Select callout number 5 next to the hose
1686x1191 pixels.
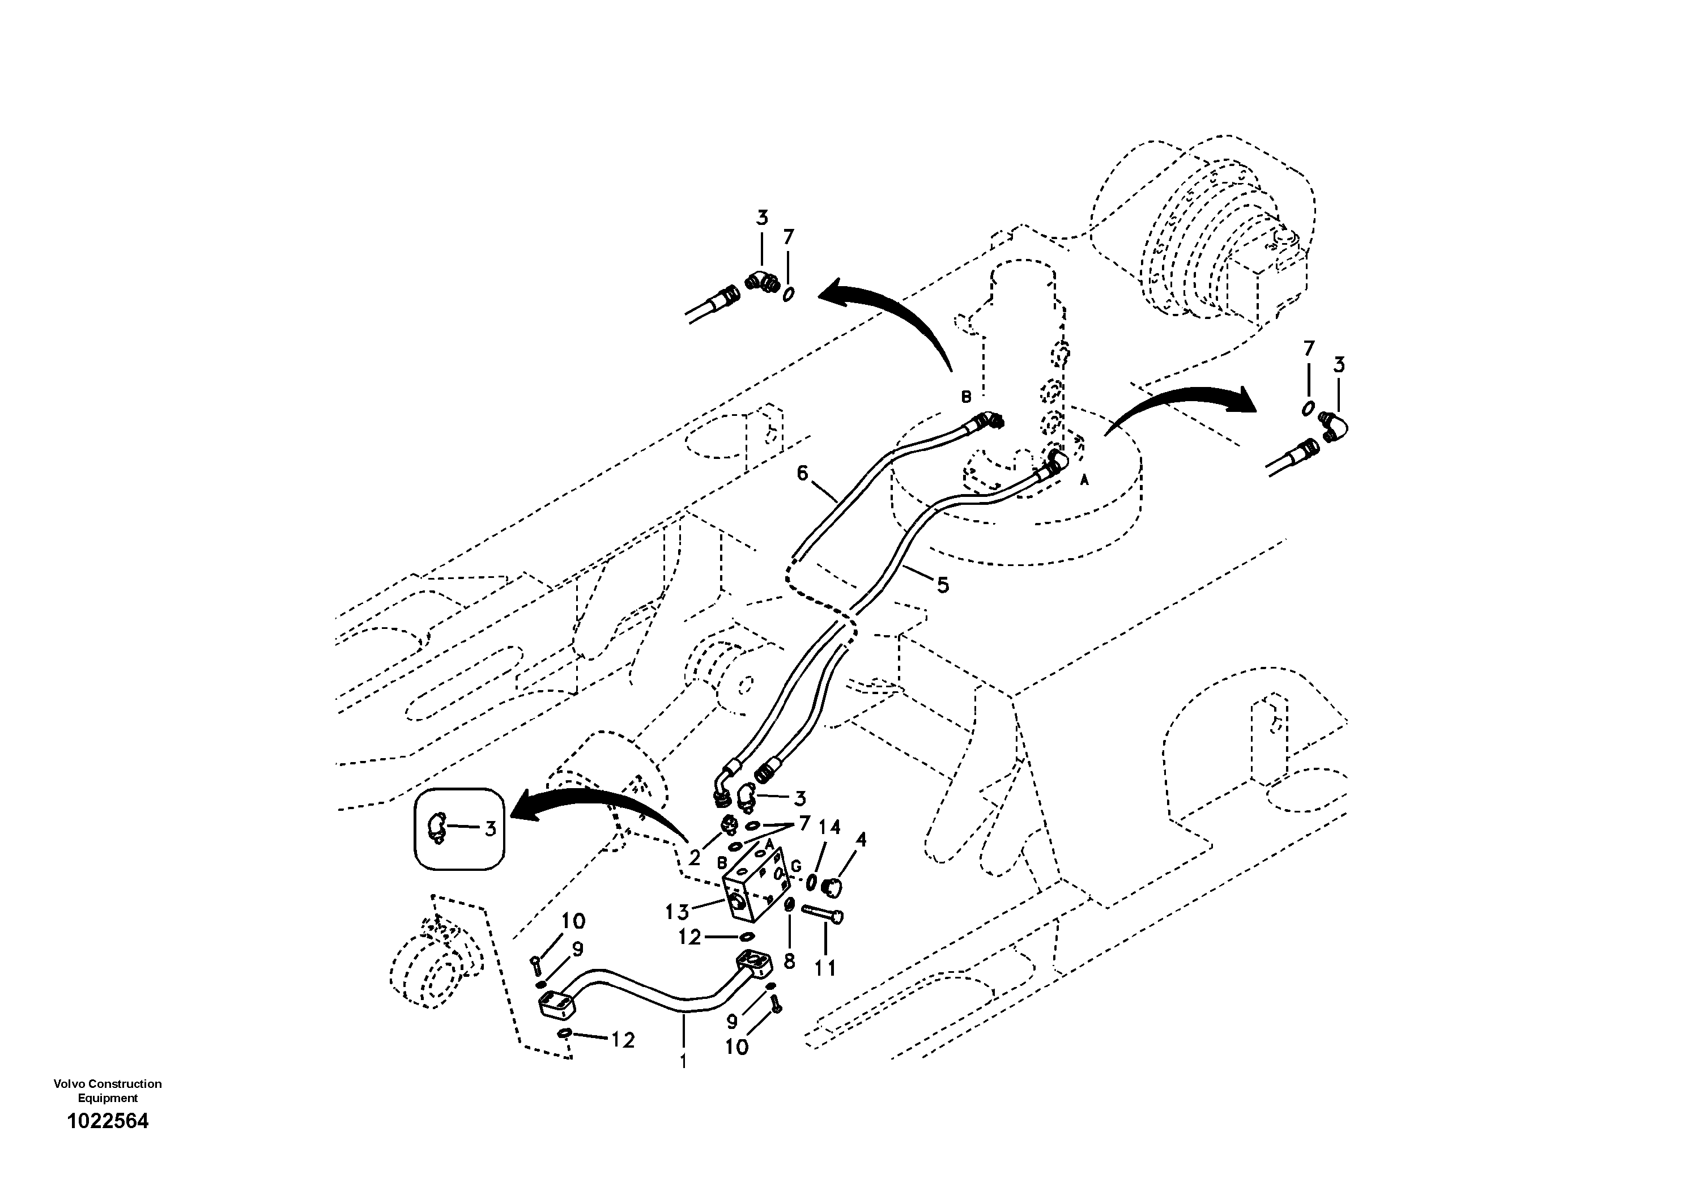pos(942,585)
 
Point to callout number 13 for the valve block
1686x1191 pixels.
pos(676,912)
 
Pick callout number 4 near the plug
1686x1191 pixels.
pos(861,839)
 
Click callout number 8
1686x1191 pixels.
pos(789,961)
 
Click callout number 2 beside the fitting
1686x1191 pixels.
pos(695,856)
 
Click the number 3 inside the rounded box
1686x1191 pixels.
pos(490,829)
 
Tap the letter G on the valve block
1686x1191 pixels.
pos(796,866)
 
